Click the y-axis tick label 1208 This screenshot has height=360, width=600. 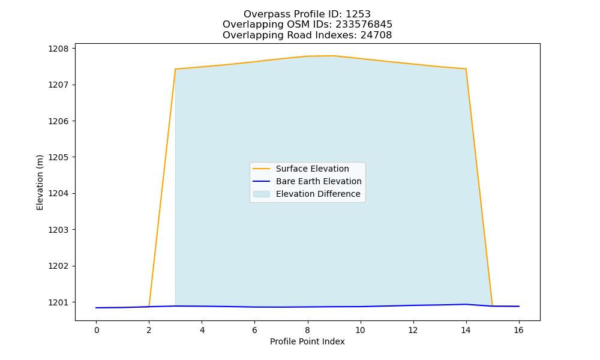58,49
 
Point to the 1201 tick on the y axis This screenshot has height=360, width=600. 58,302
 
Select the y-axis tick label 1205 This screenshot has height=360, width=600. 58,157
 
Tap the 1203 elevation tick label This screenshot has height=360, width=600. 58,230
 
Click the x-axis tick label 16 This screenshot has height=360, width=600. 518,330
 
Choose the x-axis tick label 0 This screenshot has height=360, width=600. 97,330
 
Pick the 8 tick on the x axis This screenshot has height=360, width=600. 307,330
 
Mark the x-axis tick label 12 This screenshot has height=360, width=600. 413,330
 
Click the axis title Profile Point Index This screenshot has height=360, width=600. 307,341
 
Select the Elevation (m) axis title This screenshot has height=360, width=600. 40,182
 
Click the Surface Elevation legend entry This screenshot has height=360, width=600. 312,169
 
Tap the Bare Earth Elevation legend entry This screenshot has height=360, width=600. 319,181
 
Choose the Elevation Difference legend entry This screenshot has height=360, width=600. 318,194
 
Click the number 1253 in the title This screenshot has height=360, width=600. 358,14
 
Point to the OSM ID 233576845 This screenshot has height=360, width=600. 364,25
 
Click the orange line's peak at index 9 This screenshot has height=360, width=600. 334,56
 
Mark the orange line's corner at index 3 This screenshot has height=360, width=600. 175,69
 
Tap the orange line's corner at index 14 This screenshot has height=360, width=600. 466,69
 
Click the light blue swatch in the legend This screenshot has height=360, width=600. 262,194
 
